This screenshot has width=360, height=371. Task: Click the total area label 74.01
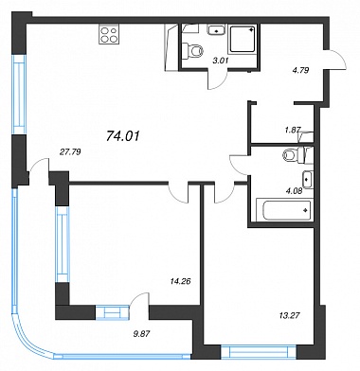pyautogui.click(x=123, y=136)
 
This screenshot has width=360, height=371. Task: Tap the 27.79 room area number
pyautogui.click(x=70, y=152)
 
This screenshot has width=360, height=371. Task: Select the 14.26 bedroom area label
pyautogui.click(x=181, y=281)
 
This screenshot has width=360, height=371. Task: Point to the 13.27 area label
pyautogui.click(x=289, y=315)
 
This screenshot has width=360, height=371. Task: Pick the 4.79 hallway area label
pyautogui.click(x=300, y=70)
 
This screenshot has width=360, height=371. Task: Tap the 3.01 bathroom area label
pyautogui.click(x=220, y=61)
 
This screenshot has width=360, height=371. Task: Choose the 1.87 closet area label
pyautogui.click(x=293, y=130)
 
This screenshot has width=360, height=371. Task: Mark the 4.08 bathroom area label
pyautogui.click(x=294, y=190)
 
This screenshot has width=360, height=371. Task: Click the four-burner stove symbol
pyautogui.click(x=109, y=34)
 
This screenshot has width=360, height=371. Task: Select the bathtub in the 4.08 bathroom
pyautogui.click(x=284, y=210)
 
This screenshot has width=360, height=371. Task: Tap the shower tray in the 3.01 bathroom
pyautogui.click(x=243, y=39)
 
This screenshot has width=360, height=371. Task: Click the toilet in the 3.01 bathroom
pyautogui.click(x=193, y=50)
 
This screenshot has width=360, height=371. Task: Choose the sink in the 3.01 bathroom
pyautogui.click(x=216, y=29)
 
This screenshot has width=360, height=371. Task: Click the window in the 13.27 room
pyautogui.click(x=259, y=351)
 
